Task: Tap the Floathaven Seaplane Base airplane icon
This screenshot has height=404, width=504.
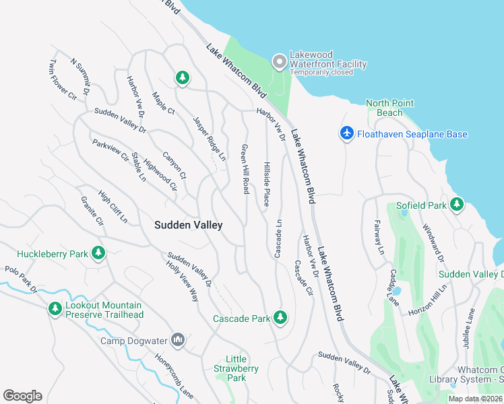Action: (347, 134)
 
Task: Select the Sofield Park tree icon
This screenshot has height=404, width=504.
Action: (457, 203)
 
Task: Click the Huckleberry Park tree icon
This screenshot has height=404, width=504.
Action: (98, 253)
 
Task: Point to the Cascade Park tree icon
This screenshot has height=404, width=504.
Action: (280, 317)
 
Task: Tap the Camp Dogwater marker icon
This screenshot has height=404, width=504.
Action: (178, 340)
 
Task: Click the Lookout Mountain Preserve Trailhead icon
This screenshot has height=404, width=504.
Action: (55, 309)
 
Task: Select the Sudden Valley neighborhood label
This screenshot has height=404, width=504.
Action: (188, 226)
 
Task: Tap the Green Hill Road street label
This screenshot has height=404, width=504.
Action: (245, 168)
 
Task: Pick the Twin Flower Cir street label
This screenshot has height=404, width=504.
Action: (63, 80)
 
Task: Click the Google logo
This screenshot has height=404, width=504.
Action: (22, 396)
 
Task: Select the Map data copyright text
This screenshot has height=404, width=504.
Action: (475, 399)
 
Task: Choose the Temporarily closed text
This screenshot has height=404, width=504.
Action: (321, 72)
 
